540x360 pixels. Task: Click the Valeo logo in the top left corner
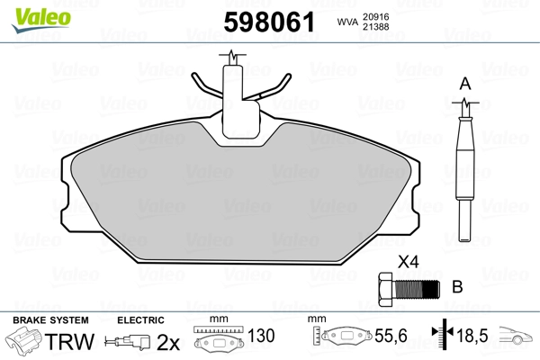click(29, 11)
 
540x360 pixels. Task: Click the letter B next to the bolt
click(456, 288)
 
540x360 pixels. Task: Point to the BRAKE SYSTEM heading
click(50, 320)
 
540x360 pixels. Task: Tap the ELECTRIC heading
click(139, 320)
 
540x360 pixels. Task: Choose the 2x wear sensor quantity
click(169, 343)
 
